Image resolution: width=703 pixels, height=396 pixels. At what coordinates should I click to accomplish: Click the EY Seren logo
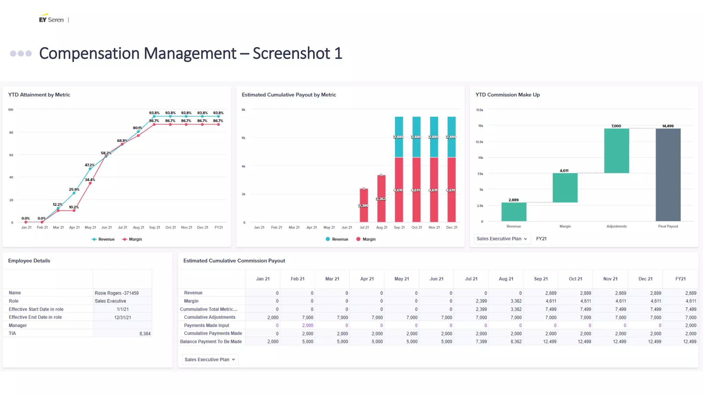click(x=51, y=20)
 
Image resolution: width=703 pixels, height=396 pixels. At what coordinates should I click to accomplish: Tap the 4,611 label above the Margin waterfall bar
click(x=564, y=170)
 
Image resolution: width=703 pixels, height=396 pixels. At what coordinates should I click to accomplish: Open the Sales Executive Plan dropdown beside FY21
click(x=502, y=239)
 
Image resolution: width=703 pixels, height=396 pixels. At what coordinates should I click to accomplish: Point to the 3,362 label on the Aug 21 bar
click(x=381, y=199)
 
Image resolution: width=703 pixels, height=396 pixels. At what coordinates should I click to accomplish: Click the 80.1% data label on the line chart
click(x=138, y=128)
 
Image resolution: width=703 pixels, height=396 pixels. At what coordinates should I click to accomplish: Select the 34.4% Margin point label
click(x=90, y=180)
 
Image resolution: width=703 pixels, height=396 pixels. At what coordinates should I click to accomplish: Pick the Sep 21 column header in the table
click(x=541, y=279)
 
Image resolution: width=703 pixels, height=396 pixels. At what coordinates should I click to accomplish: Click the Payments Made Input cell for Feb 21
click(x=308, y=326)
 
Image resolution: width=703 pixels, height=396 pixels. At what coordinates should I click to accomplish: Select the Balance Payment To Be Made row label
click(x=211, y=342)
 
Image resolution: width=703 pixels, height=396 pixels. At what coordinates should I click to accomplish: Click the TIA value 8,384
click(x=145, y=334)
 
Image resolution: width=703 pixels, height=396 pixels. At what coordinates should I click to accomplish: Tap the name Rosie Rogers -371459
click(x=117, y=293)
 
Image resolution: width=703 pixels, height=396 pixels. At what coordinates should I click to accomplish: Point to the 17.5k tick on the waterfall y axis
click(x=480, y=110)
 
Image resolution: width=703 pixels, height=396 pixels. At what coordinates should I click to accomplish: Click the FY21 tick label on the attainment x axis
click(x=219, y=228)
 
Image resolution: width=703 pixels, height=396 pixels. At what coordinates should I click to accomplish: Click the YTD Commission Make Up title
click(x=507, y=95)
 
